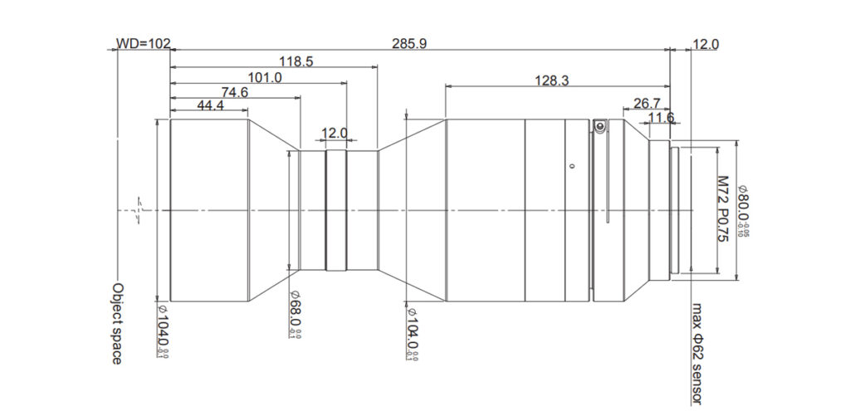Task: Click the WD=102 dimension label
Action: pyautogui.click(x=142, y=44)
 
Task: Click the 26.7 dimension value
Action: pyautogui.click(x=646, y=103)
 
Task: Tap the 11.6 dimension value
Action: pyautogui.click(x=661, y=118)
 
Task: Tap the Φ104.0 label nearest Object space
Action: pyautogui.click(x=163, y=330)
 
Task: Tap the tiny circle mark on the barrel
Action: pyautogui.click(x=571, y=166)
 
